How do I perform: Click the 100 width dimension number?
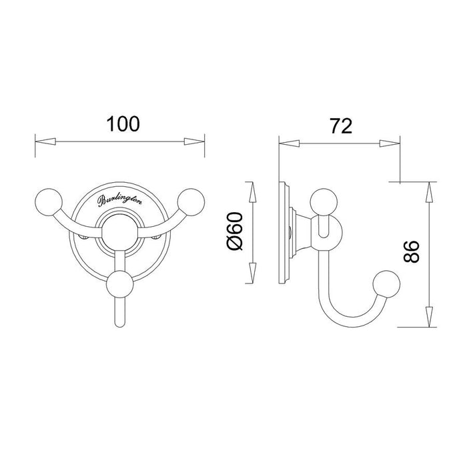(x=123, y=124)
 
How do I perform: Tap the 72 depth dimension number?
(x=341, y=126)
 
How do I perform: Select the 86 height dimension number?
(x=412, y=252)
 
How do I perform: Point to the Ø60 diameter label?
(x=235, y=231)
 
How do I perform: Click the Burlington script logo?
(x=119, y=200)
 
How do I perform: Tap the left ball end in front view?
(x=49, y=201)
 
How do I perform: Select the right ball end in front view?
(x=191, y=202)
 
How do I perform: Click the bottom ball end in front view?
(x=120, y=284)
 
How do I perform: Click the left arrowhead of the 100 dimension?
(x=45, y=141)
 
